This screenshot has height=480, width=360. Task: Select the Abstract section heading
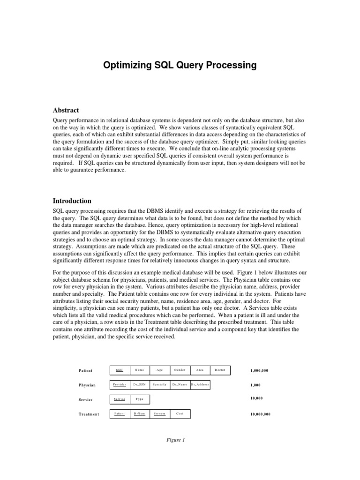pos(66,110)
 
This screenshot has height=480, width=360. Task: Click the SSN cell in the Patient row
pos(120,370)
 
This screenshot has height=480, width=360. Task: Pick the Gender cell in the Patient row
pos(180,370)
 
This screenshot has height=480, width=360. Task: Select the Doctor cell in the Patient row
pos(220,370)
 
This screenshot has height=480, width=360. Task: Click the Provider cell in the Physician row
pos(120,385)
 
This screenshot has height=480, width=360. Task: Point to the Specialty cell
pos(160,385)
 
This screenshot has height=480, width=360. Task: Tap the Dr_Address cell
pos(200,385)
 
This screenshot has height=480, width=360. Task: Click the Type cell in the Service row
pos(140,399)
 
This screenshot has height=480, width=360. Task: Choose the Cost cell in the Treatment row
pos(180,414)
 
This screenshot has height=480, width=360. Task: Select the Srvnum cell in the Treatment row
pos(160,414)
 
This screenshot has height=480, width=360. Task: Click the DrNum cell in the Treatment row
pos(140,414)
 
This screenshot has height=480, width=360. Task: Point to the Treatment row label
pos(89,414)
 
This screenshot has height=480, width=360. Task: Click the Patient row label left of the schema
pos(86,371)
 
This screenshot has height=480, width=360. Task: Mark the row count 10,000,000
pos(261,414)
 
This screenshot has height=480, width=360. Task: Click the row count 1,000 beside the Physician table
pos(256,385)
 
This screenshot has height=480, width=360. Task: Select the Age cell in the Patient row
pos(160,370)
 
